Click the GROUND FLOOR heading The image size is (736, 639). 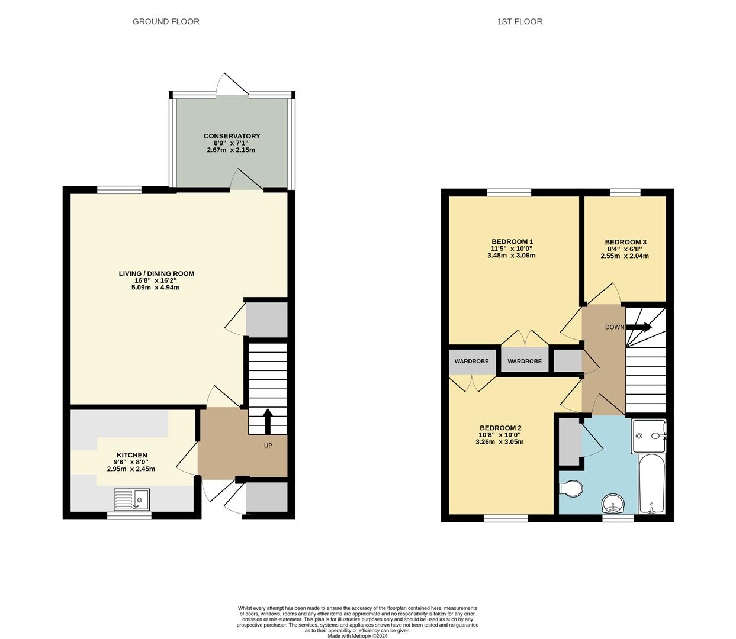[166, 22]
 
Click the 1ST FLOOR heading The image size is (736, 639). [519, 22]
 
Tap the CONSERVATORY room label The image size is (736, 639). [232, 136]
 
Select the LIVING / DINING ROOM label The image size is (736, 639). [156, 273]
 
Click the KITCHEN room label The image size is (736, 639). [131, 455]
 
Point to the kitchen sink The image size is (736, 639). [131, 500]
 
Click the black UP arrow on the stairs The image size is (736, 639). [267, 421]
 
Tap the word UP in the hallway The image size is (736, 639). [268, 446]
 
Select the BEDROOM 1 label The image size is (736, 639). [512, 241]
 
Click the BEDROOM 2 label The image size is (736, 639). [500, 428]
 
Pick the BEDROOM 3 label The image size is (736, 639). [625, 242]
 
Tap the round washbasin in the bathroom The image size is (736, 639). [613, 505]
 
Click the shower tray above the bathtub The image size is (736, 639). [648, 436]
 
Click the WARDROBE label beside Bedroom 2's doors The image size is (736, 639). [471, 362]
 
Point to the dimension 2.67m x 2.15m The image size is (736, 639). [231, 150]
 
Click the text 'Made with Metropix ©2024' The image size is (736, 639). [358, 636]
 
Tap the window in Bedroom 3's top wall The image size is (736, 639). [625, 192]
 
